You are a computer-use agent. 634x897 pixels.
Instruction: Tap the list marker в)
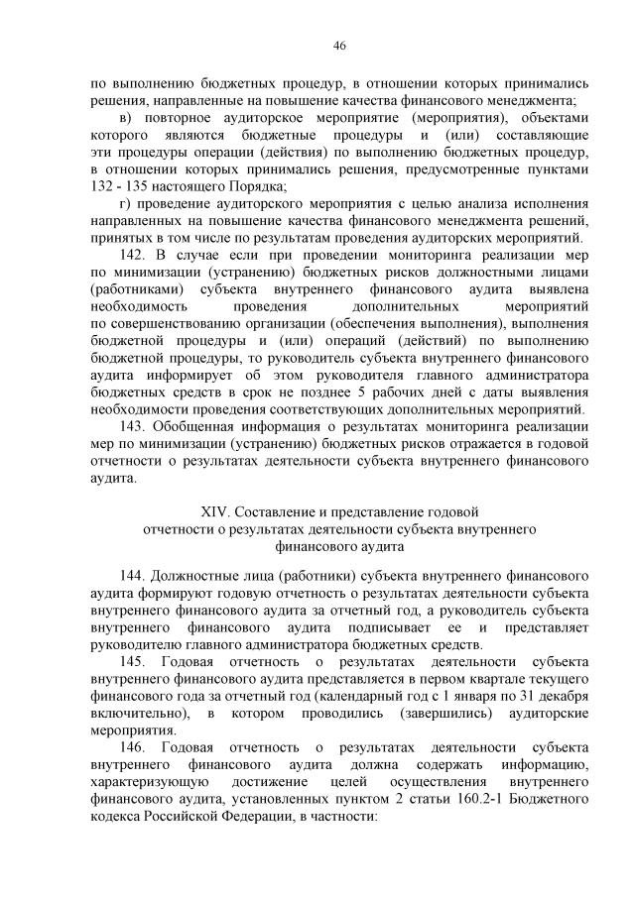pyautogui.click(x=125, y=118)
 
